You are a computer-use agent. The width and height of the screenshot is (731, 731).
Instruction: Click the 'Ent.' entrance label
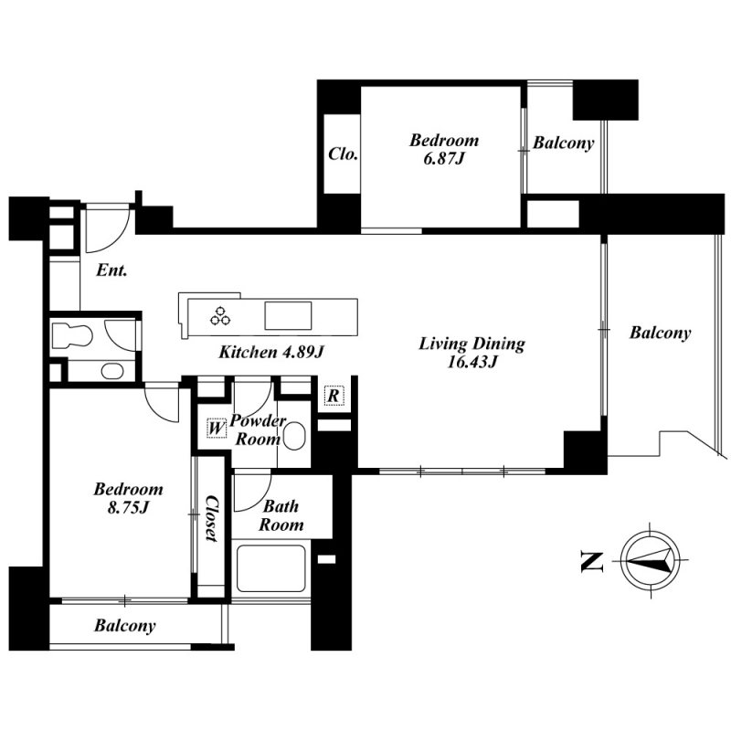point(111,270)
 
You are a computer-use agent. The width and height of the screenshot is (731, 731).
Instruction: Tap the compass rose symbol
point(651,560)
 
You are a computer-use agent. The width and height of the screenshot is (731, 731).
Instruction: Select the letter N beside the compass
point(592,561)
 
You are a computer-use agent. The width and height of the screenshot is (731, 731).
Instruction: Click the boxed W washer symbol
point(216,427)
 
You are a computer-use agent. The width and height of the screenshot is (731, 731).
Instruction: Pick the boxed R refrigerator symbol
point(334,396)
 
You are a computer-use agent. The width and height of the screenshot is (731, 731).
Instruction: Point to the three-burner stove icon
point(220,315)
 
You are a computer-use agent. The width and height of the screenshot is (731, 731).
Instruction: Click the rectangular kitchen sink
point(288,315)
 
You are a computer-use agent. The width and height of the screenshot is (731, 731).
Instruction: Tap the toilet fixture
point(71,335)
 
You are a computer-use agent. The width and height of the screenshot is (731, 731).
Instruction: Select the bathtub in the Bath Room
point(270,568)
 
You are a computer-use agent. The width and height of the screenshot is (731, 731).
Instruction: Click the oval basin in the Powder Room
point(294,436)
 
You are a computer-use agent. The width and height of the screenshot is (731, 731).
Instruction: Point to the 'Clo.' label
point(344,154)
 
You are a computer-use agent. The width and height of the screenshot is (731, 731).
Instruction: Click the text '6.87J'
point(444,159)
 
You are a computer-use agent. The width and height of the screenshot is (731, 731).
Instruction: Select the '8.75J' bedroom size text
point(128,508)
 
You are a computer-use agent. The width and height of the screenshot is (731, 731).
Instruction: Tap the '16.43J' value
point(472,362)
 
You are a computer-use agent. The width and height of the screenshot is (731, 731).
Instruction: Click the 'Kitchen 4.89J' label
point(271,352)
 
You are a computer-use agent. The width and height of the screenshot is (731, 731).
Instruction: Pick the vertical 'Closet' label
point(212,518)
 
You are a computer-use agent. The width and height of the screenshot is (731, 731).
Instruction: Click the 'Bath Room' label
point(281,515)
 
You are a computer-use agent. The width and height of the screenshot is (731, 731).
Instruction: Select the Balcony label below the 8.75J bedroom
point(125,626)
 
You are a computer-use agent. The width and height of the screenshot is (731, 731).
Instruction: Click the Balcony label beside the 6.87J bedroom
point(564,143)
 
